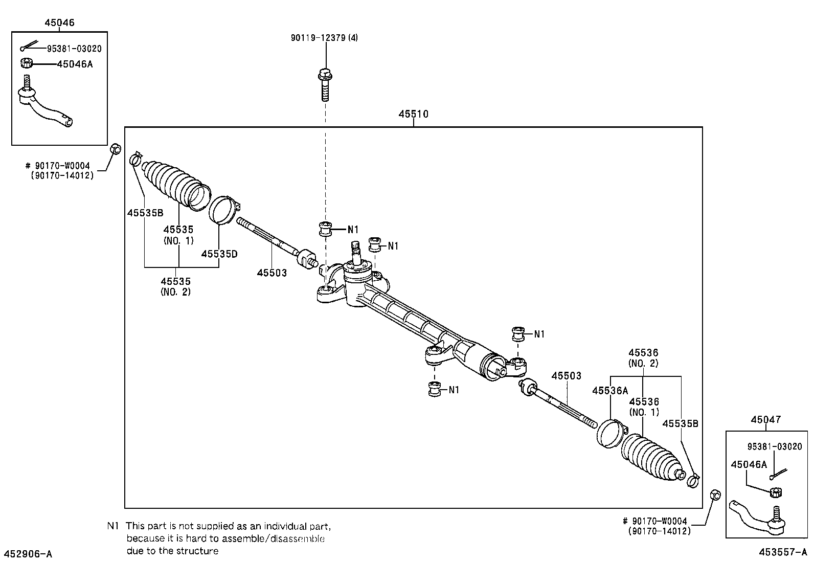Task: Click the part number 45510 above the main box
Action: (x=413, y=114)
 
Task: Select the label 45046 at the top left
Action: (x=59, y=23)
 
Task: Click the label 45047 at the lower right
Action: (x=765, y=419)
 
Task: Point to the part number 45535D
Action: (x=219, y=254)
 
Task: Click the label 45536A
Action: (x=609, y=391)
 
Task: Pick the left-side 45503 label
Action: (x=272, y=273)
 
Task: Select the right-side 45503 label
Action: (x=566, y=376)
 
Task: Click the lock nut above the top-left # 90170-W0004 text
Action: (x=116, y=149)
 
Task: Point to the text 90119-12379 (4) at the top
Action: (x=325, y=38)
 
